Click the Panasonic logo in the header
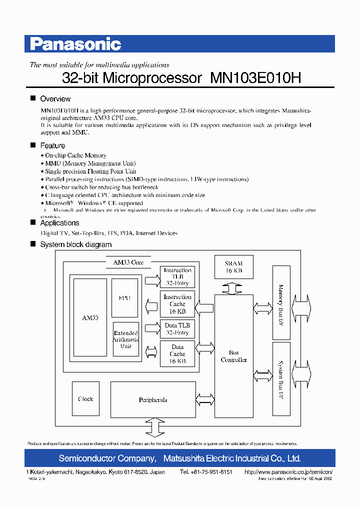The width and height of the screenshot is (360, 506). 75,44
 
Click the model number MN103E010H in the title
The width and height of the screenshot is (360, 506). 255,78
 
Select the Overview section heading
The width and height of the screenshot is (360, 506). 55,99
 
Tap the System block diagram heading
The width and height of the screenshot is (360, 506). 75,244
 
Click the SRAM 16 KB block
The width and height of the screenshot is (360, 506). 233,267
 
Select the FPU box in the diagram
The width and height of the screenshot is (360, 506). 124,298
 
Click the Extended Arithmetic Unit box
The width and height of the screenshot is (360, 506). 126,339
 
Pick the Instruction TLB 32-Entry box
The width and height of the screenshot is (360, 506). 177,276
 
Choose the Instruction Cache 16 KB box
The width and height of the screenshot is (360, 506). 177,303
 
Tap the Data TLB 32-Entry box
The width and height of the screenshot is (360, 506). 177,329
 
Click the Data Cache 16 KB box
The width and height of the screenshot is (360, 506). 177,353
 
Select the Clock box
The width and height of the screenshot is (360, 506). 85,399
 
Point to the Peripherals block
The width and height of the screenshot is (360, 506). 152,400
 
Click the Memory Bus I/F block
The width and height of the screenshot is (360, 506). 281,302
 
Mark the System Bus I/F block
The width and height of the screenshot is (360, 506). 281,378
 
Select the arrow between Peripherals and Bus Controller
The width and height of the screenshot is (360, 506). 205,400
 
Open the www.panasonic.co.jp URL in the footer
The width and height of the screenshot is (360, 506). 288,472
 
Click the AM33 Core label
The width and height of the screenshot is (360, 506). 128,262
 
